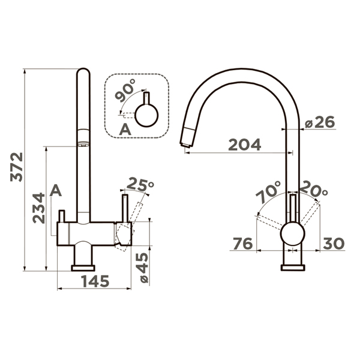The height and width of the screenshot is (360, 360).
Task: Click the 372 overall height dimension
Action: tap(17, 167)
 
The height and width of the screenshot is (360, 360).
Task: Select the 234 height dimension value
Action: tap(38, 208)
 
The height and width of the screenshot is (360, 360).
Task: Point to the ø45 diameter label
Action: tap(143, 268)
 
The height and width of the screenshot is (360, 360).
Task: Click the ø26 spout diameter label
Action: tap(320, 122)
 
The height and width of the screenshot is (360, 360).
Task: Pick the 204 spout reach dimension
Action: tap(245, 145)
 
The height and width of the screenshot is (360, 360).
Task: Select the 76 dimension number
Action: tap(242, 244)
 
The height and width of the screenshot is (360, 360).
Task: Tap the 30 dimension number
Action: tap(334, 244)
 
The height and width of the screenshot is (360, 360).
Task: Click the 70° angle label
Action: tap(268, 192)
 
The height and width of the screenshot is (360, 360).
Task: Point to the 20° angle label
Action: tap(313, 190)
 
